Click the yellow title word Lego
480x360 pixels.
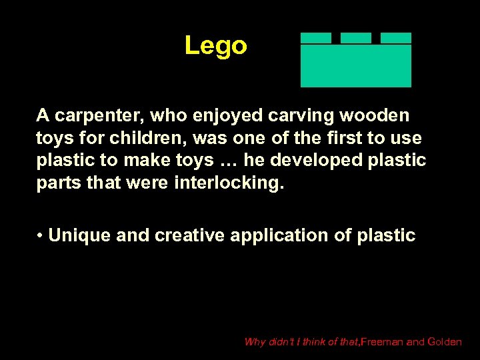[215, 46]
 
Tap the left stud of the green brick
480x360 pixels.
[315, 38]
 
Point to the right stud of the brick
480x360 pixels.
[396, 38]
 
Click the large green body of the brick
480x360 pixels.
[356, 65]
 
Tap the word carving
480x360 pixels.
[287, 116]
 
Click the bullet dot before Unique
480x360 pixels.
[41, 236]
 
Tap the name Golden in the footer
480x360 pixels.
[444, 342]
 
